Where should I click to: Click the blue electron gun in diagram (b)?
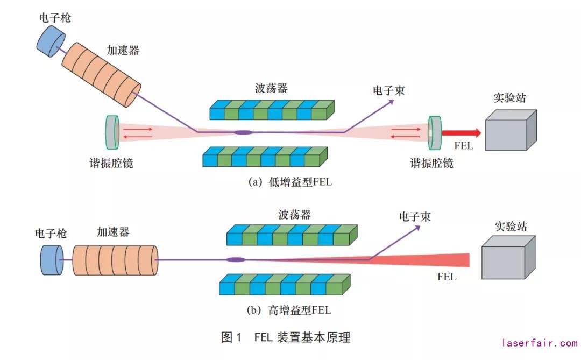(52, 259)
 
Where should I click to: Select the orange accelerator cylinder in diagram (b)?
(115, 260)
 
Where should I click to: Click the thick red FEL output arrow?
(461, 132)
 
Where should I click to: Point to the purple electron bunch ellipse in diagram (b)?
(236, 260)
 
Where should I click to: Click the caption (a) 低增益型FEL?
(290, 182)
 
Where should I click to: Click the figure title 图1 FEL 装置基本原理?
(286, 337)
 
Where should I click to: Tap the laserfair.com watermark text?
(539, 342)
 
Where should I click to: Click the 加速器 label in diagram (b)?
(113, 232)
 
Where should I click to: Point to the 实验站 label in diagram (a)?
(509, 98)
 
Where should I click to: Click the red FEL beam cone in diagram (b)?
(430, 261)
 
